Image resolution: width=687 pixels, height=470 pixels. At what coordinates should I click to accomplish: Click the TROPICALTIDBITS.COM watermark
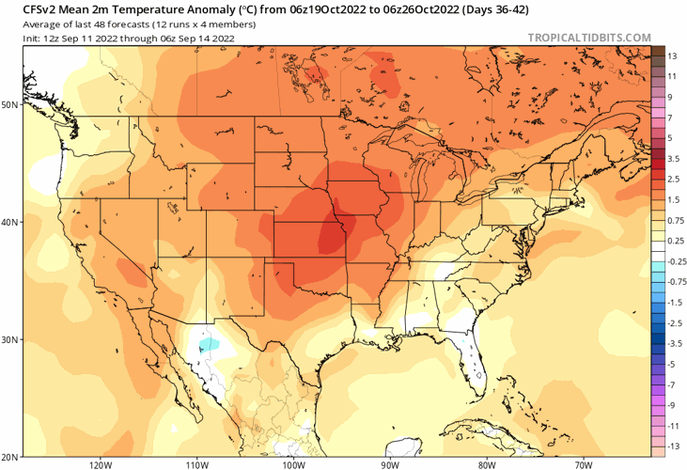click(589, 38)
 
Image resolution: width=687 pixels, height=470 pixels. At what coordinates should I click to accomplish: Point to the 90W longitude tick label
click(390, 464)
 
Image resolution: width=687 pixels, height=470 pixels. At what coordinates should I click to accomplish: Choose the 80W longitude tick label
click(486, 464)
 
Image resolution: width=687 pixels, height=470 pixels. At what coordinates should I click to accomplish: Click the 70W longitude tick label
click(583, 464)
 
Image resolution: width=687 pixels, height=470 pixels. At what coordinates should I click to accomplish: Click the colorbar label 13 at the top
click(672, 56)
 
